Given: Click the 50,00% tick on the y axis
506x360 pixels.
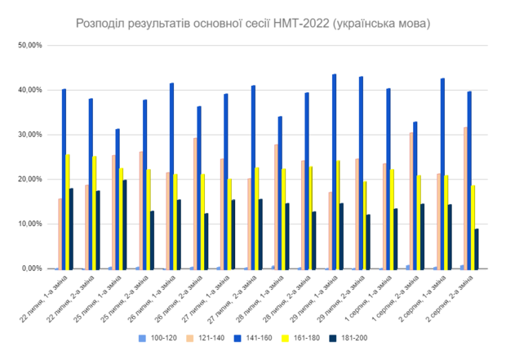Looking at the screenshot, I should point(29,46).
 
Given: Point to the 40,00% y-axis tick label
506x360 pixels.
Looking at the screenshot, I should point(29,91).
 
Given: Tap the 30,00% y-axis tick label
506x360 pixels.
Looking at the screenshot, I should point(29,135).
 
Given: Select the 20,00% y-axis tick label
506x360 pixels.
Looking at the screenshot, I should point(29,180).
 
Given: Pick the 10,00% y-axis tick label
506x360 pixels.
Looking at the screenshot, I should point(29,224).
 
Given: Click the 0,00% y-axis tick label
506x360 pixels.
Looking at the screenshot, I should point(30,269).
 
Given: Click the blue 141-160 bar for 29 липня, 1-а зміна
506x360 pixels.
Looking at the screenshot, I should point(335,171).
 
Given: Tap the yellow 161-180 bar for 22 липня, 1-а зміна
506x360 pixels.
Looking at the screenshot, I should point(68,212).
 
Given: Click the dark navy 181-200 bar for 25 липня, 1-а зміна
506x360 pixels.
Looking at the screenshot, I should point(125,224).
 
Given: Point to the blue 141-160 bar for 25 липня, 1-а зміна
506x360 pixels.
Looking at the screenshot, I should point(117,199).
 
